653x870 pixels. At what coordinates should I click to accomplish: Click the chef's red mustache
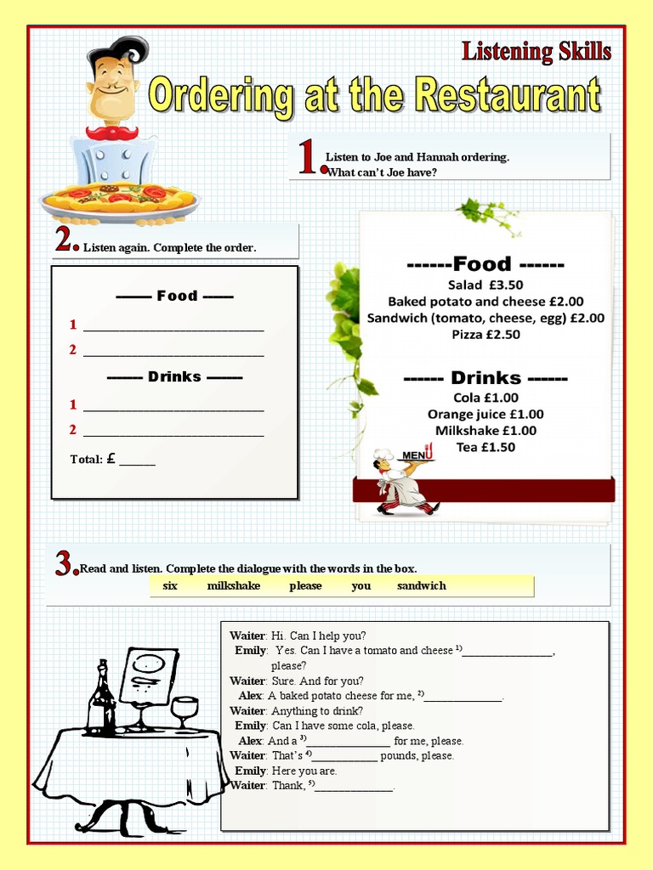pos(111,133)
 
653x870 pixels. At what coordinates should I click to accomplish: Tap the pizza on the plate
pos(119,198)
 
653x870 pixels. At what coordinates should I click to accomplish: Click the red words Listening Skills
pos(536,52)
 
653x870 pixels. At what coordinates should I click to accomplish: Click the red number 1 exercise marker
pos(309,159)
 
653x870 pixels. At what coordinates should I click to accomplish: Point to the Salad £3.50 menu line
pos(485,285)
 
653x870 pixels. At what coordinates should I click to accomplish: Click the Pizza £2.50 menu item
pos(485,334)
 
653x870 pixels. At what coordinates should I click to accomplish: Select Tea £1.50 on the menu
pos(485,447)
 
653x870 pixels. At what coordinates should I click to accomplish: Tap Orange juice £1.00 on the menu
pos(485,414)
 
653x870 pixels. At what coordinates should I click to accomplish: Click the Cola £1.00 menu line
pos(485,397)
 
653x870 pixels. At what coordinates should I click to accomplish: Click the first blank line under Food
pos(173,327)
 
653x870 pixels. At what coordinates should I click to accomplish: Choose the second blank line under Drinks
pos(173,432)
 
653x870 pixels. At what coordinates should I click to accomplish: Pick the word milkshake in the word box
pos(234,586)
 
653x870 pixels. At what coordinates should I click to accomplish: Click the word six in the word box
pos(170,586)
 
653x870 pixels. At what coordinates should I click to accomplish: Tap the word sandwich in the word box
pos(421,586)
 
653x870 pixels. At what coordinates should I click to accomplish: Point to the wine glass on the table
pos(185,712)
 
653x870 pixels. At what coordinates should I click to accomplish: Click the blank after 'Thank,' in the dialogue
pos(355,788)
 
